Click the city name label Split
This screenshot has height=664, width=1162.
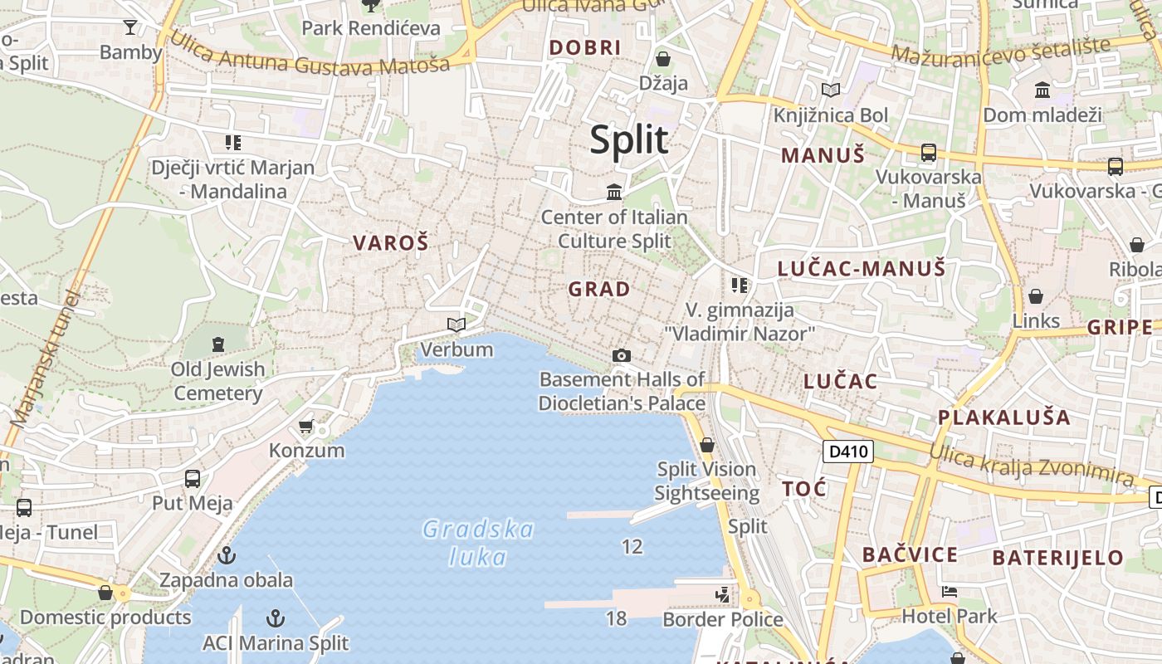point(628,139)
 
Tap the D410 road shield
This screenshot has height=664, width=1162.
point(847,452)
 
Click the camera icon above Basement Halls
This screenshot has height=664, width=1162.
point(621,356)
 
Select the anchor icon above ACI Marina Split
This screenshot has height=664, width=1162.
point(275,618)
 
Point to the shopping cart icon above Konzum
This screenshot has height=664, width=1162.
point(306,427)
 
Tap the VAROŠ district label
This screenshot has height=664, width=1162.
point(391,243)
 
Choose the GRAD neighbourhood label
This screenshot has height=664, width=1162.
point(599,290)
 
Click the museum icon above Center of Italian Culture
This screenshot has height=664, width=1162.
point(614,193)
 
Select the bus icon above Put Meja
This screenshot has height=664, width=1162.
point(193,479)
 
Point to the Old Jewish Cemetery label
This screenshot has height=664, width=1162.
point(217,381)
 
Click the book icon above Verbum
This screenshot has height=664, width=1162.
point(456,325)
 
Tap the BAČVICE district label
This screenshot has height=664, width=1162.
point(910,554)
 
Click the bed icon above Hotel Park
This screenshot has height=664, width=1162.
point(950,592)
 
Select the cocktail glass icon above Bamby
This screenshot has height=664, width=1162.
point(130,27)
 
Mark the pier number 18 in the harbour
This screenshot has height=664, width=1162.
point(616,618)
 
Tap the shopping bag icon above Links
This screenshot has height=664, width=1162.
point(1036,296)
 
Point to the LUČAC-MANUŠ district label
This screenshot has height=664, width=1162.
point(861,268)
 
